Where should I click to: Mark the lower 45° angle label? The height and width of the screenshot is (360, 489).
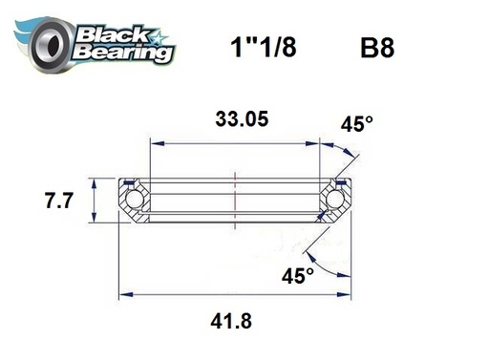click(x=297, y=276)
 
